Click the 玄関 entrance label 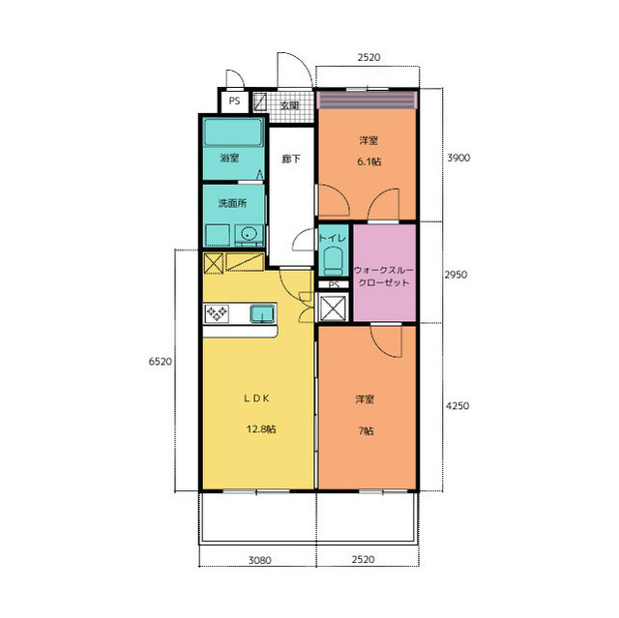pyautogui.click(x=290, y=105)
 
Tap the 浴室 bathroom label pyautogui.click(x=230, y=159)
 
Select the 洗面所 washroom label pyautogui.click(x=232, y=203)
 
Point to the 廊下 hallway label pyautogui.click(x=291, y=159)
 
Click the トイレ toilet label pyautogui.click(x=333, y=238)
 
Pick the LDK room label pyautogui.click(x=256, y=398)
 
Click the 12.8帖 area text pyautogui.click(x=261, y=429)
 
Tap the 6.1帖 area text pyautogui.click(x=369, y=162)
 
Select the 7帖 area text pyautogui.click(x=366, y=431)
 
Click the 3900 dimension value pyautogui.click(x=458, y=158)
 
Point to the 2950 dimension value pyautogui.click(x=456, y=275)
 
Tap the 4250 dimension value pyautogui.click(x=457, y=405)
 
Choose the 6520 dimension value pyautogui.click(x=161, y=362)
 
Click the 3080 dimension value pyautogui.click(x=260, y=560)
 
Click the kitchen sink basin pyautogui.click(x=262, y=313)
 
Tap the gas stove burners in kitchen pyautogui.click(x=217, y=313)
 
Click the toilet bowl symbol pyautogui.click(x=334, y=260)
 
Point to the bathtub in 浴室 pyautogui.click(x=233, y=132)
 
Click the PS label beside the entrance pyautogui.click(x=234, y=101)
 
